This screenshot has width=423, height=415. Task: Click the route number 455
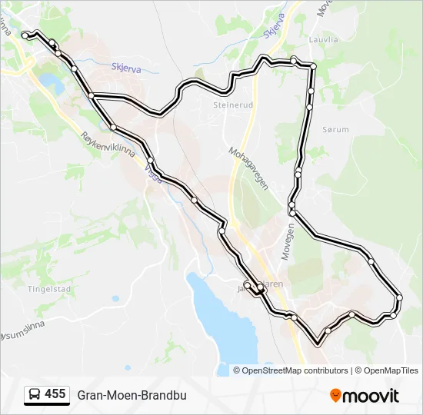tap(55, 394)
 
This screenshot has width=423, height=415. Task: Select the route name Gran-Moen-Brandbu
tap(132, 395)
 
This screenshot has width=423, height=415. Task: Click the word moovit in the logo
tap(371, 396)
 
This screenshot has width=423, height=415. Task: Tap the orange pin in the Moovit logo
tap(336, 396)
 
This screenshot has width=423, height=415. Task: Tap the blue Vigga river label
tap(154, 175)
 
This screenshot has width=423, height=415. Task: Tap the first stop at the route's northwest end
tap(25, 35)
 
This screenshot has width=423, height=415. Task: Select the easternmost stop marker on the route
tap(399, 297)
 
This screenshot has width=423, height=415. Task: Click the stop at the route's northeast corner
tap(312, 67)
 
